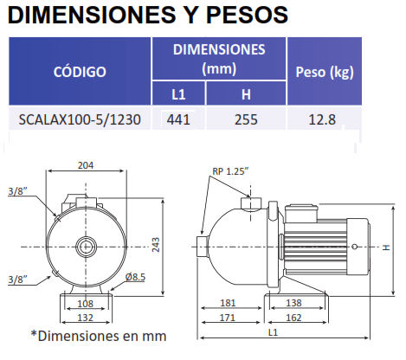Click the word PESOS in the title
[247, 15]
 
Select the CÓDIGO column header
[80, 72]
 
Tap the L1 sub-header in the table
[178, 94]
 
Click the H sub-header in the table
[246, 94]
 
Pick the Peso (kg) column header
[325, 72]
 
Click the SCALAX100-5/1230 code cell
[80, 119]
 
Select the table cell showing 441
[178, 119]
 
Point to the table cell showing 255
[246, 119]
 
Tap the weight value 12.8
[322, 119]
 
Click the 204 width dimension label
[86, 165]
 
